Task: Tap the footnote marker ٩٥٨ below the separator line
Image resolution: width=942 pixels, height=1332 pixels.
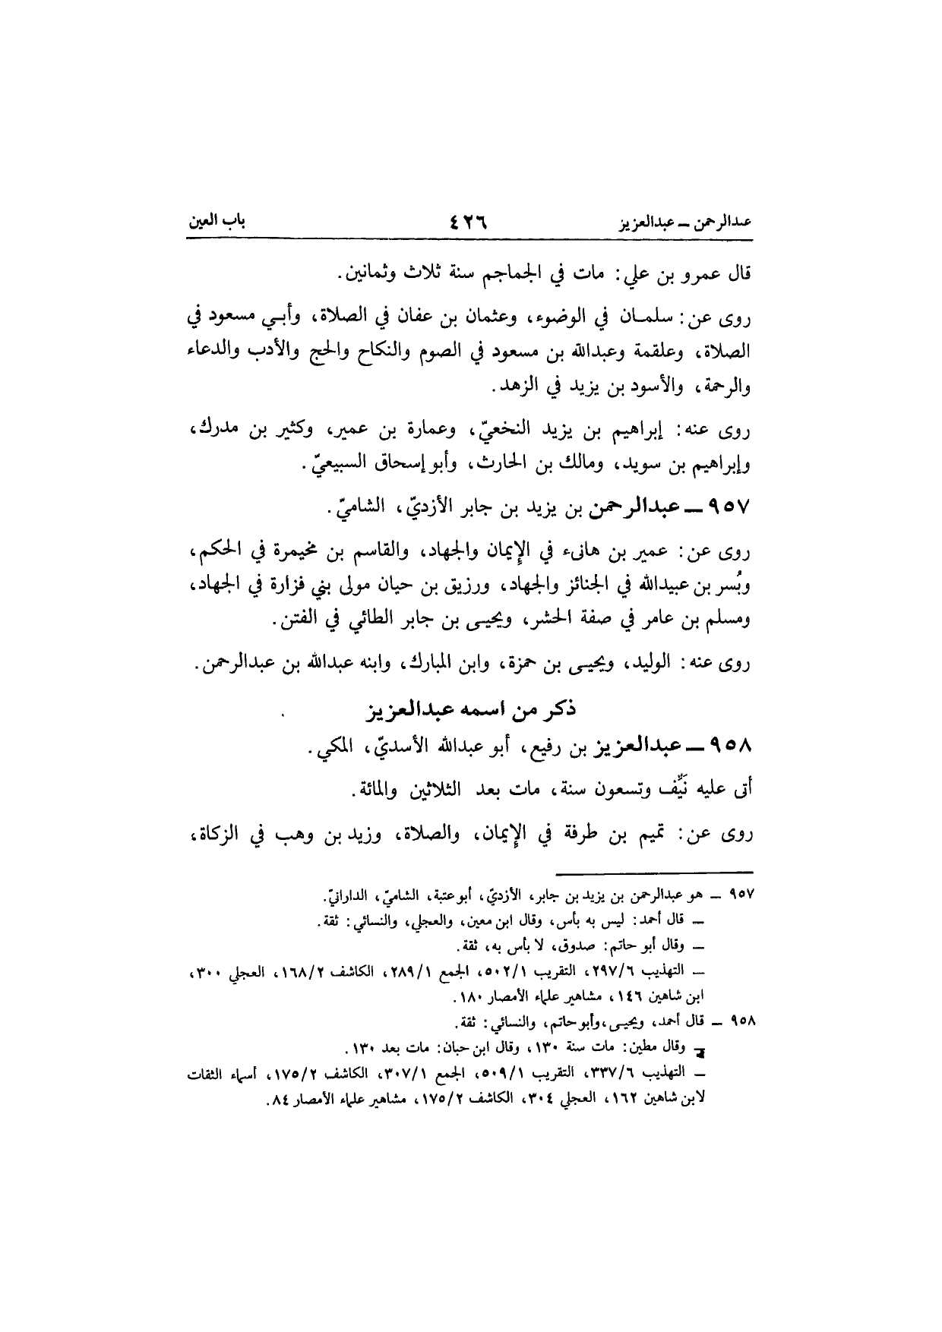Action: (x=739, y=1020)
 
